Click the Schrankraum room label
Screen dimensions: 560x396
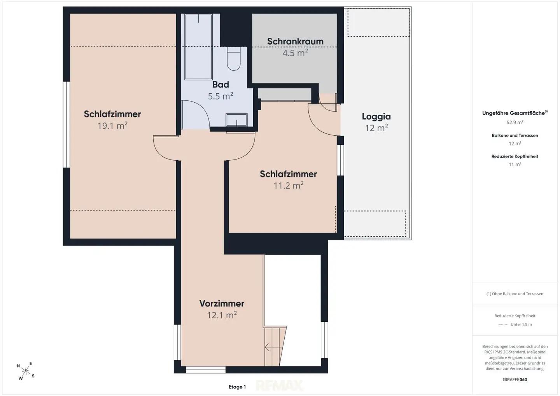(295, 41)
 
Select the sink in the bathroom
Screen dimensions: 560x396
(236, 120)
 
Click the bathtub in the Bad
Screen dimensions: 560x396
(198, 47)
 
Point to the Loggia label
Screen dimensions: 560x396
(376, 116)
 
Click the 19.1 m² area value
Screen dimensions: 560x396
(112, 126)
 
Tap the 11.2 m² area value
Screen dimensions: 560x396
(289, 186)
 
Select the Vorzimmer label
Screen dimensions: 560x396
(222, 303)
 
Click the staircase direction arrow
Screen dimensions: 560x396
(274, 347)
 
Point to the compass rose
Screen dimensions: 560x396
(26, 371)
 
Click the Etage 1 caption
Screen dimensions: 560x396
(237, 387)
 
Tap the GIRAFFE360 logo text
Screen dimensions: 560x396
(515, 380)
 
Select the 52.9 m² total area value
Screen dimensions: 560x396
(515, 122)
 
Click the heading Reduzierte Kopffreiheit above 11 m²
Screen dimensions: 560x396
(515, 156)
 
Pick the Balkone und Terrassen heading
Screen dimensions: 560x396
(515, 135)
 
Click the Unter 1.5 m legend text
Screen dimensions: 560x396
(521, 324)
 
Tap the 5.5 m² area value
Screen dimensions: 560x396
(220, 96)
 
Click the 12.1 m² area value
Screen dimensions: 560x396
(222, 315)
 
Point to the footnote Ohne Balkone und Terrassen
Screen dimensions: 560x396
(515, 294)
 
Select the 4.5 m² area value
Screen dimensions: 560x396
(295, 53)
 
